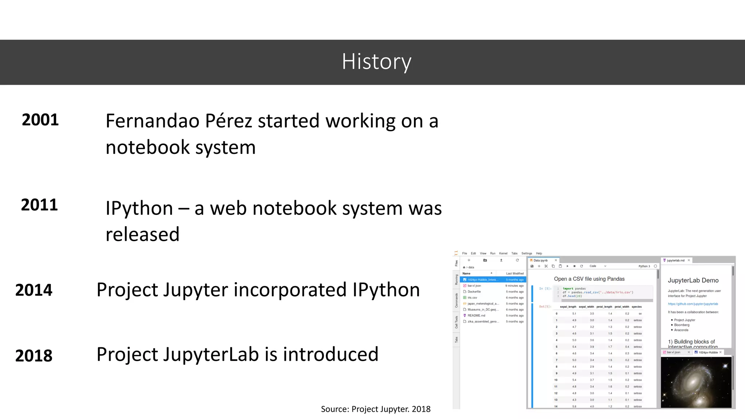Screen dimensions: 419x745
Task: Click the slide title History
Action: coord(376,62)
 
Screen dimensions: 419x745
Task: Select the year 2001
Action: coord(40,120)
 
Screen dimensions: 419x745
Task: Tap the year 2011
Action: coord(39,205)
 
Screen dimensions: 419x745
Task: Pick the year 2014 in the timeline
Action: coord(34,290)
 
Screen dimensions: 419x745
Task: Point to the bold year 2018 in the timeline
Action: coord(34,355)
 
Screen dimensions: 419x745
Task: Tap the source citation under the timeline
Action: coord(375,409)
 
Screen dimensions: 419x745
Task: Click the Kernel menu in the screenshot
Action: coord(503,254)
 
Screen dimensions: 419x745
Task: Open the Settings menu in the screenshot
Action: coord(526,254)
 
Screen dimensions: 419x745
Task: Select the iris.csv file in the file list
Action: coord(472,298)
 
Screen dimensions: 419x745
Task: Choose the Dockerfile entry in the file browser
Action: coord(474,292)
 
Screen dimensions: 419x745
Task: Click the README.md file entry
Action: coord(476,316)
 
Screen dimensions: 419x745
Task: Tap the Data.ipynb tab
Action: coord(541,260)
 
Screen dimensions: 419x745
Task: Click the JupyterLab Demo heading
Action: coord(693,280)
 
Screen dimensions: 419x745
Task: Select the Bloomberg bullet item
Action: coord(682,325)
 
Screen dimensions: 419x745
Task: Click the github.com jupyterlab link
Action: coord(693,304)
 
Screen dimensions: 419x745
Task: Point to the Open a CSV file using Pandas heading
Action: coord(589,279)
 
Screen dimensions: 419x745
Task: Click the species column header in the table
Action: coord(637,307)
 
